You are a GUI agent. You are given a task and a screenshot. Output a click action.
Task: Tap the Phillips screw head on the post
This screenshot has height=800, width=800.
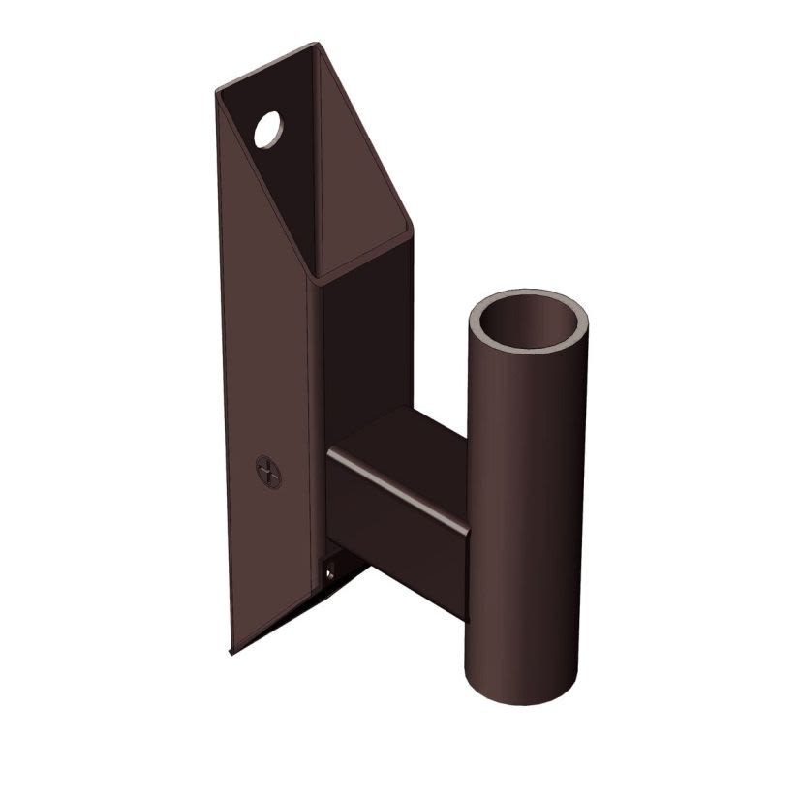pyautogui.click(x=268, y=472)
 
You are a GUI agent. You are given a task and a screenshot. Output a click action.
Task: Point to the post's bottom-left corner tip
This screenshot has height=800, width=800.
pyautogui.click(x=231, y=652)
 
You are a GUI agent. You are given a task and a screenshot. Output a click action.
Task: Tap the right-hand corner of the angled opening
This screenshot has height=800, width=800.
pyautogui.click(x=412, y=229)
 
